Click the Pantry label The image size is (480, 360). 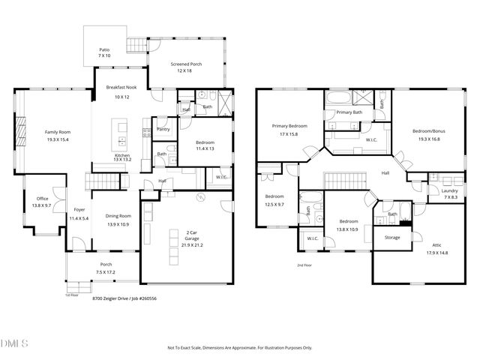click(x=163, y=129)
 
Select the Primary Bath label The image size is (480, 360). click(x=349, y=112)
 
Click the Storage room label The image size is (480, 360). click(x=392, y=238)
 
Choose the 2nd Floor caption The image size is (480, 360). click(x=304, y=265)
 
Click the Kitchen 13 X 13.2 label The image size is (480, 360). click(x=122, y=156)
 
